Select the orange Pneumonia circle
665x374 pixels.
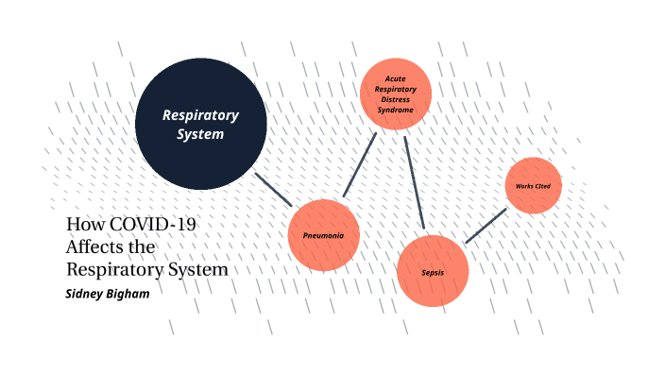coord(323,234)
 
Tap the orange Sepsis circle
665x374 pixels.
coord(433,271)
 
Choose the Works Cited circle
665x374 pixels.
coord(534,185)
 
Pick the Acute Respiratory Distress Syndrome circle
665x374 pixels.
coord(396,94)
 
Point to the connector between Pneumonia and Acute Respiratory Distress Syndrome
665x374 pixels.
coord(360,164)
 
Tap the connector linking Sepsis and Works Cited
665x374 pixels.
coord(486,226)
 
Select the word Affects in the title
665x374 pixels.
coord(95,246)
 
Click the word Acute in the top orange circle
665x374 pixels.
coord(396,78)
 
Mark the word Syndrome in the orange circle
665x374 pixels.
coord(396,110)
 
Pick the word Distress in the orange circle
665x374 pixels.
coord(396,100)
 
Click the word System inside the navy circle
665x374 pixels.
coord(200,134)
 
